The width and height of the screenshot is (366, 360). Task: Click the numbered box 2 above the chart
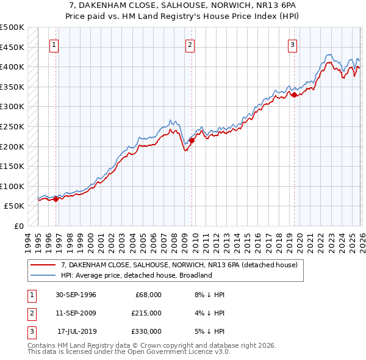click(x=190, y=44)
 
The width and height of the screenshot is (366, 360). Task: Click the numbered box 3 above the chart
click(x=293, y=44)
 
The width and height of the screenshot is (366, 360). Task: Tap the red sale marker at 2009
click(x=192, y=140)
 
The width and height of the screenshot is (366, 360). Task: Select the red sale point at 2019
click(x=294, y=95)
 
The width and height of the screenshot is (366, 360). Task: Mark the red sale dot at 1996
click(x=56, y=198)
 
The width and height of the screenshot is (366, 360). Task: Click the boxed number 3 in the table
click(x=30, y=331)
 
